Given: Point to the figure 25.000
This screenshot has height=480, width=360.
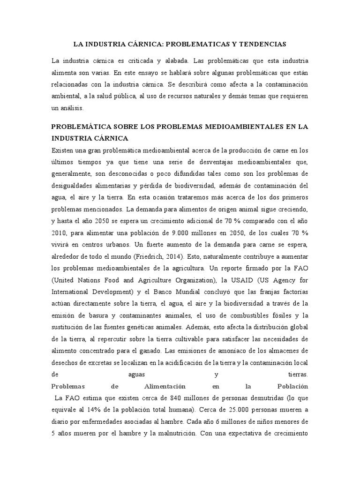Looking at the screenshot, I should pyautogui.click(x=217, y=410).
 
